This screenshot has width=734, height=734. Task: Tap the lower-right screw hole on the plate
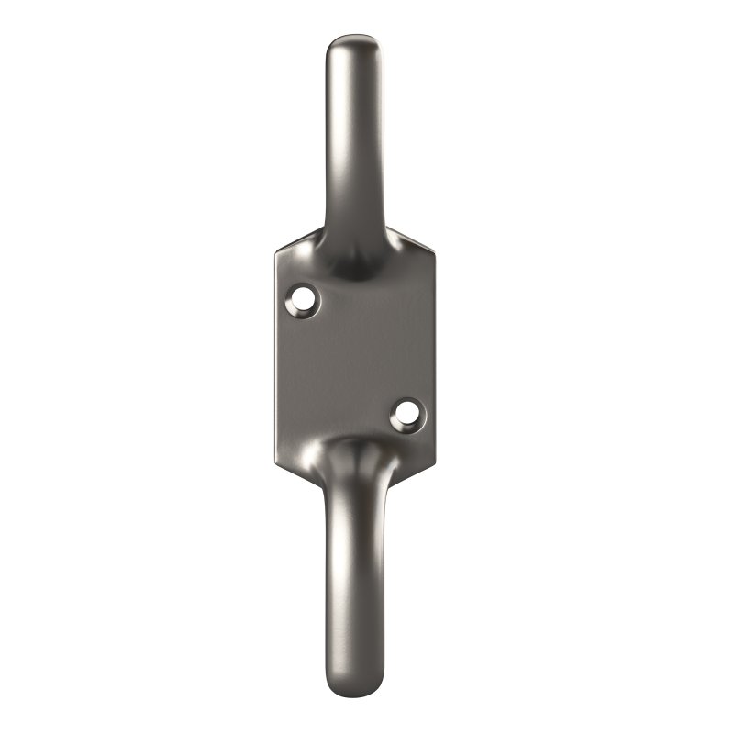point(405,415)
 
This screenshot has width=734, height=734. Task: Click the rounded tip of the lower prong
point(354,690)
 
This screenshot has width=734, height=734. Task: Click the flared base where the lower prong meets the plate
point(353,459)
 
